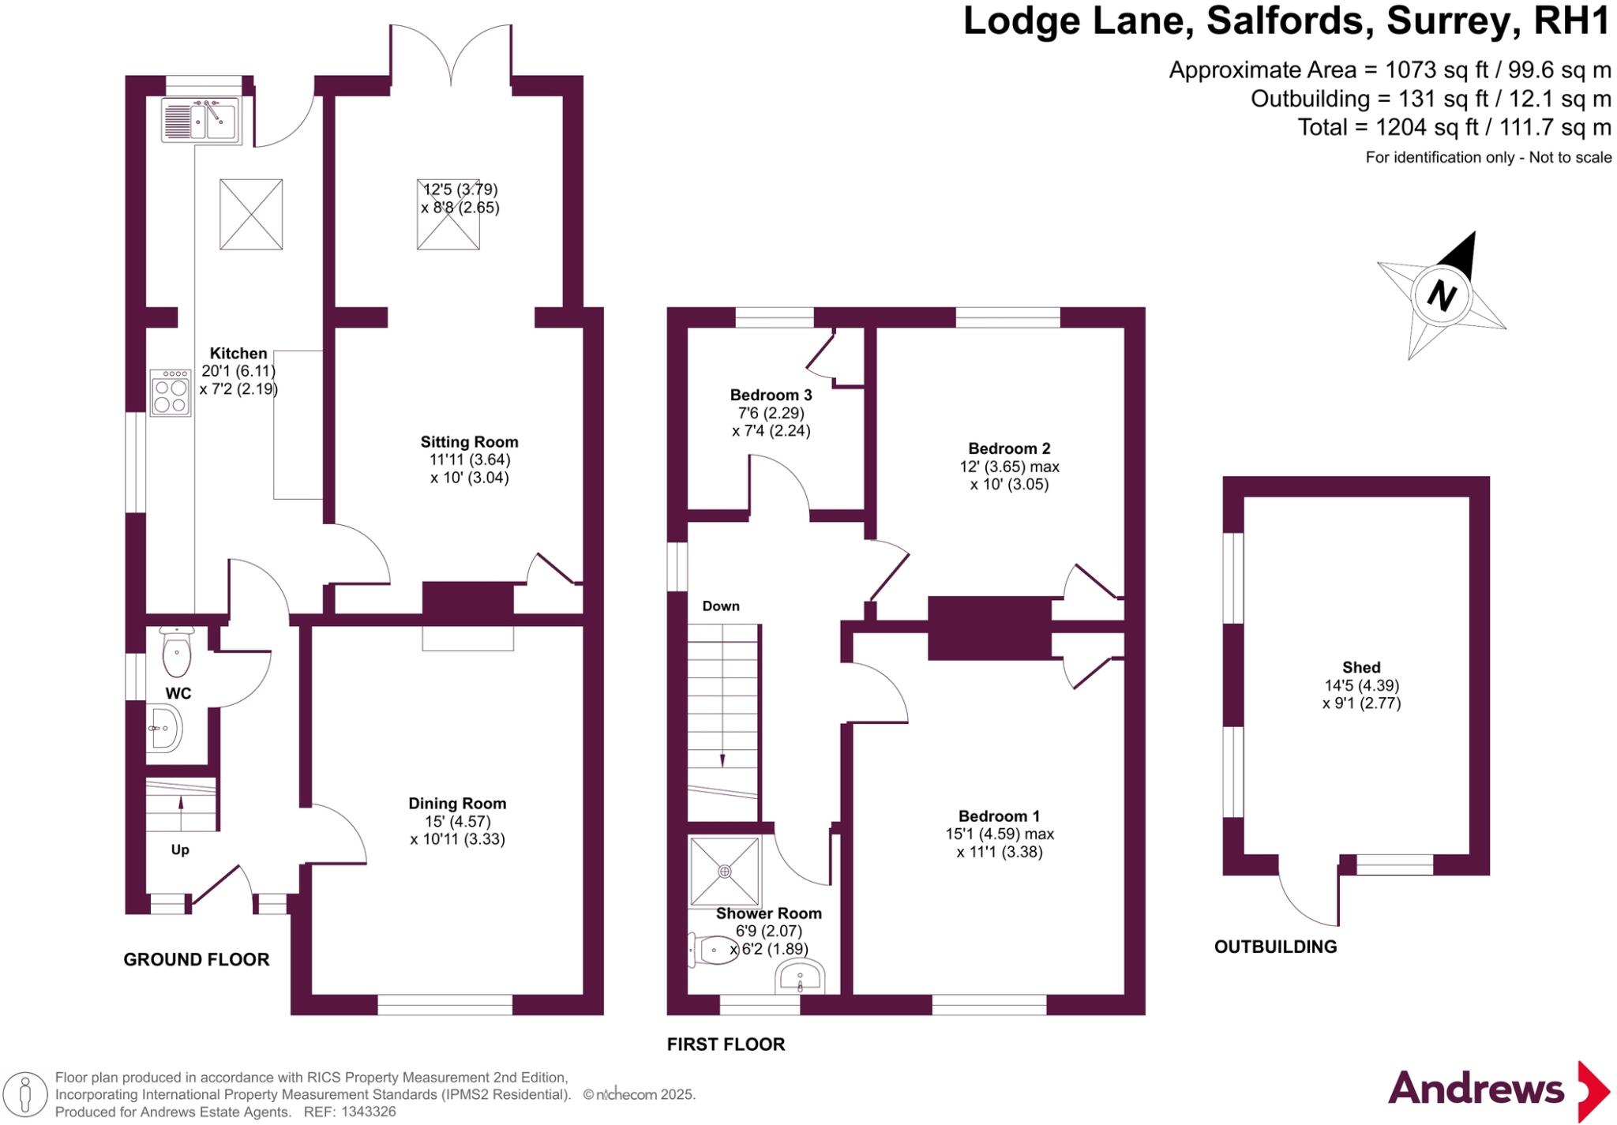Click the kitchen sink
(201, 120)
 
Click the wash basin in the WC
(164, 728)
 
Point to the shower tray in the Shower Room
(725, 871)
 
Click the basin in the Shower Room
(799, 977)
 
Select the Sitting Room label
(469, 442)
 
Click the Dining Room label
(457, 804)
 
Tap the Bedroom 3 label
(771, 395)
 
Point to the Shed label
(1361, 667)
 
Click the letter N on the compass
(1442, 297)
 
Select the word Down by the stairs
(721, 606)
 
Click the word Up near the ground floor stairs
(180, 850)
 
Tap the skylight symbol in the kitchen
(251, 214)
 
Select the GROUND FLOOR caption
(197, 959)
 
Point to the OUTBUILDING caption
(1275, 947)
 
